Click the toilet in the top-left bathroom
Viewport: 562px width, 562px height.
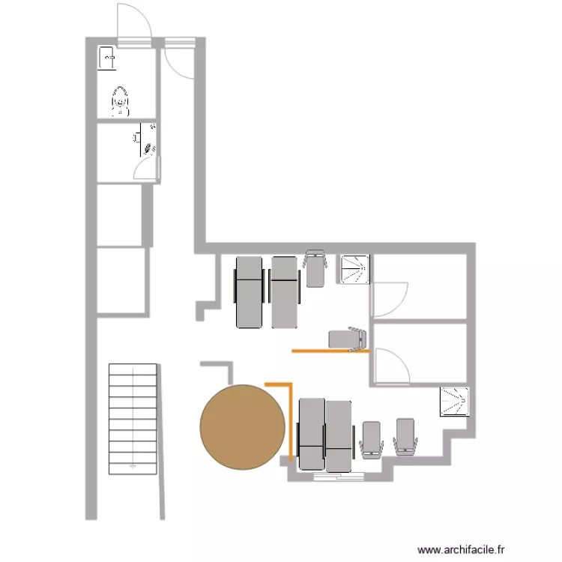coord(120,100)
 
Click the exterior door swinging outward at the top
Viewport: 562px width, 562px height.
coord(135,21)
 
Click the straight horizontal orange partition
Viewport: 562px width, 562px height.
coord(330,350)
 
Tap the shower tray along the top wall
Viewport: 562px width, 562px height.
coord(356,271)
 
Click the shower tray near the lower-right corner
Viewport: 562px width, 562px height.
coord(455,401)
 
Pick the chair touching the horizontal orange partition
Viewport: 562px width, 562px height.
coord(348,339)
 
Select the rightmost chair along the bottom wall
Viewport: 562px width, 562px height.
coord(405,437)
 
